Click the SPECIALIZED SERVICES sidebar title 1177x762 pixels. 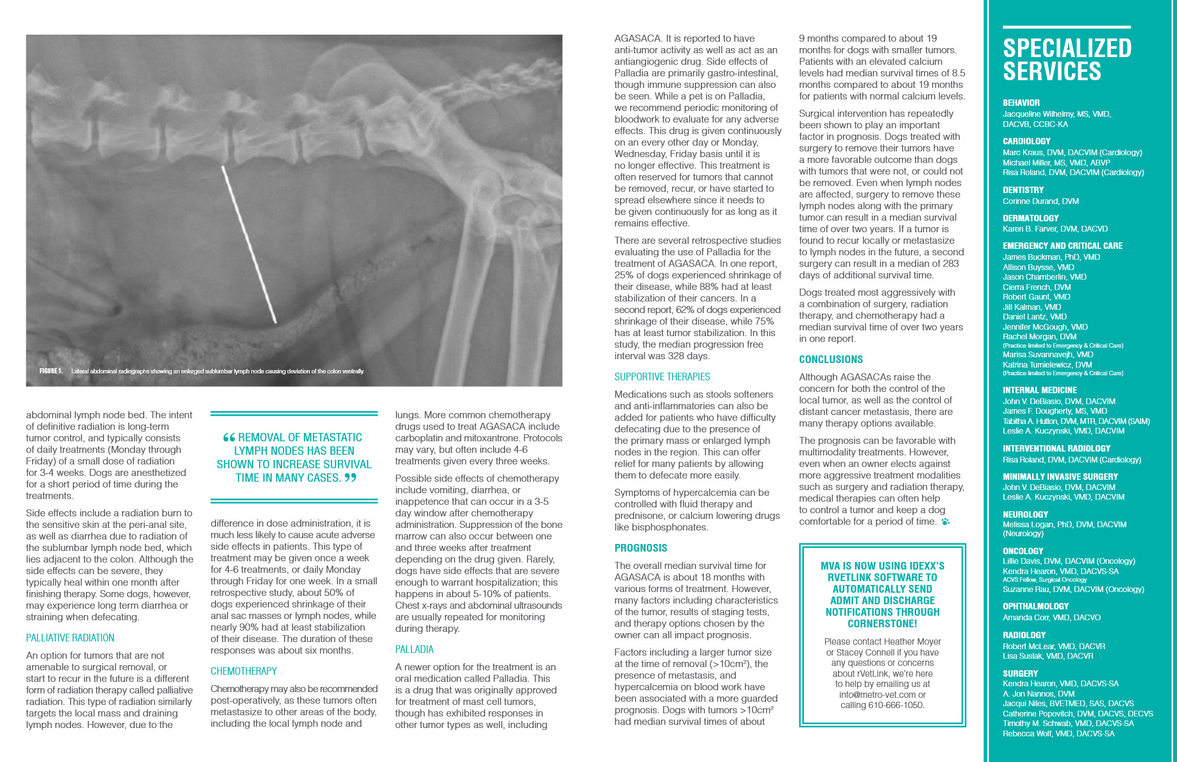pyautogui.click(x=1067, y=60)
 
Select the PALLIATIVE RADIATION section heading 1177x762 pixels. pyautogui.click(x=70, y=638)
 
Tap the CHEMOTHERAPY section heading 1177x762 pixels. pyautogui.click(x=244, y=671)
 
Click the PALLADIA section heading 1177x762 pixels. pyautogui.click(x=414, y=649)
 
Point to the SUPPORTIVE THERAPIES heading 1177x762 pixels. pyautogui.click(x=662, y=377)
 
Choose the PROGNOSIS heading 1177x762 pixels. pyautogui.click(x=640, y=548)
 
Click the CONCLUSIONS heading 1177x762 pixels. pyautogui.click(x=830, y=359)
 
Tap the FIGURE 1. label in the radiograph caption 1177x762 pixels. pyautogui.click(x=51, y=371)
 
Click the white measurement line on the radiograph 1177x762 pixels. pyautogui.click(x=249, y=244)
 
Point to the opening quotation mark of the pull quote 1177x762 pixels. pyautogui.click(x=229, y=438)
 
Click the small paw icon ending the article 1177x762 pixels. pyautogui.click(x=945, y=522)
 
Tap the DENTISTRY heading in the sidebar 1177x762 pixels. pyautogui.click(x=1023, y=190)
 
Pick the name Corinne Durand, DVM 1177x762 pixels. pyautogui.click(x=1040, y=201)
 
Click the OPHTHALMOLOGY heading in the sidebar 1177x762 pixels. pyautogui.click(x=1035, y=606)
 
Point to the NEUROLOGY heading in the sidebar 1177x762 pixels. pyautogui.click(x=1025, y=514)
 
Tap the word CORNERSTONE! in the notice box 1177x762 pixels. pyautogui.click(x=882, y=623)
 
